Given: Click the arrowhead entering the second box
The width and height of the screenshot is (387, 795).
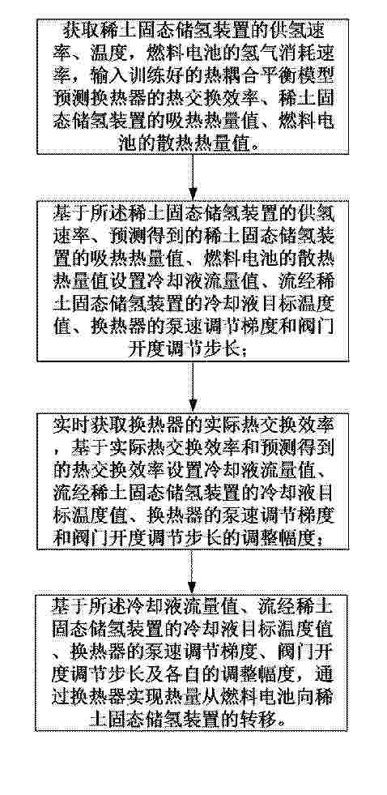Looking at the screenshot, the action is coord(193,193).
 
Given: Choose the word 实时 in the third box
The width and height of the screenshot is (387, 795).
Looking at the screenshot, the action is coord(67,427).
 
